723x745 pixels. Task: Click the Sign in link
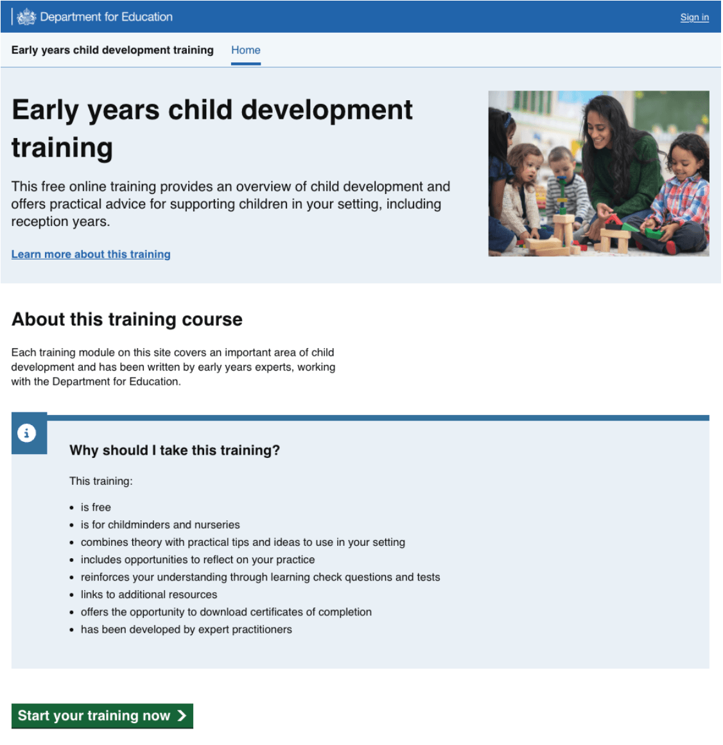click(x=694, y=17)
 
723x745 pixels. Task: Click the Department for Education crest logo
click(x=26, y=17)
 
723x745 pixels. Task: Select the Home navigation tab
click(x=245, y=50)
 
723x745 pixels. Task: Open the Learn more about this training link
click(x=91, y=254)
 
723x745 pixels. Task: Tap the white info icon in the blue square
click(x=26, y=433)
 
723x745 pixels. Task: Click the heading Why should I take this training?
click(x=174, y=450)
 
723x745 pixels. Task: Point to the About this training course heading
click(x=127, y=319)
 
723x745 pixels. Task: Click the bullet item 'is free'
click(x=96, y=507)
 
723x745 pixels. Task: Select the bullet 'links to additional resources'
click(x=148, y=595)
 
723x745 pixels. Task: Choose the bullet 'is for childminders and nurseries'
click(x=160, y=525)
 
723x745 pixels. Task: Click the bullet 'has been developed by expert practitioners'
click(x=186, y=629)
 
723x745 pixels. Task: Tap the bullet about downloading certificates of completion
click(x=225, y=612)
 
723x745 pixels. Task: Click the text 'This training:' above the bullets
click(x=101, y=481)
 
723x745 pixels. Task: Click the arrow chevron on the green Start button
click(x=182, y=715)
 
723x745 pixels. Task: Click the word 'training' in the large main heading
click(x=62, y=148)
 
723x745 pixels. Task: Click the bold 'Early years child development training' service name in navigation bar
click(x=112, y=50)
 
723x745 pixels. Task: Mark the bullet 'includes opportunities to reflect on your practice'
click(x=197, y=560)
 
